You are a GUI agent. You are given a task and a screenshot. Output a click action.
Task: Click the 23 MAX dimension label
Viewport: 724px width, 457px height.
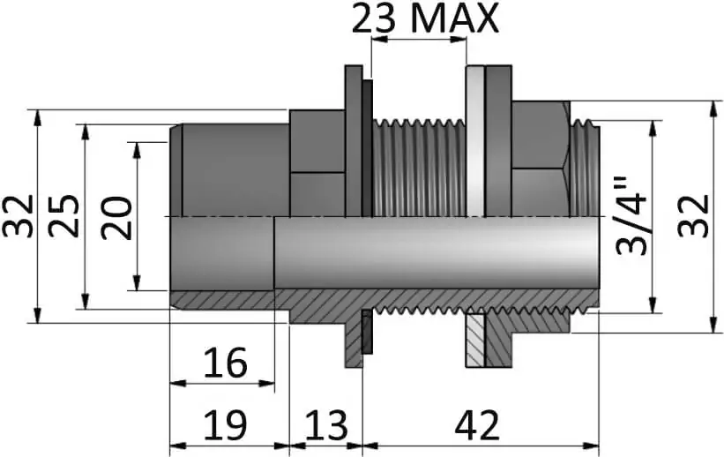pos(425,18)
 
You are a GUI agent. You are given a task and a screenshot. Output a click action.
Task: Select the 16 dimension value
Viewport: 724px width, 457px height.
pos(226,363)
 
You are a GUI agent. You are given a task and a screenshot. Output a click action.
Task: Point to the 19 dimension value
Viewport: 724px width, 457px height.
pos(226,425)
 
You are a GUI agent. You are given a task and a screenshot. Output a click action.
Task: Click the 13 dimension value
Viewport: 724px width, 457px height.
pos(325,425)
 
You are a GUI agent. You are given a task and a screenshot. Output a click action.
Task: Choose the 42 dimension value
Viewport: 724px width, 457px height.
pos(477,425)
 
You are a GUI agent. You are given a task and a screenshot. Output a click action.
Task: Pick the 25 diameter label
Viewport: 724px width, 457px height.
pos(64,216)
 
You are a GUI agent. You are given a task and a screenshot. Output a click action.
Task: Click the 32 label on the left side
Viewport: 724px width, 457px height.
pos(18,216)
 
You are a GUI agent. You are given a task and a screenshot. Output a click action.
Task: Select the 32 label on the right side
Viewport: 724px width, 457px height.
pos(693,216)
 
